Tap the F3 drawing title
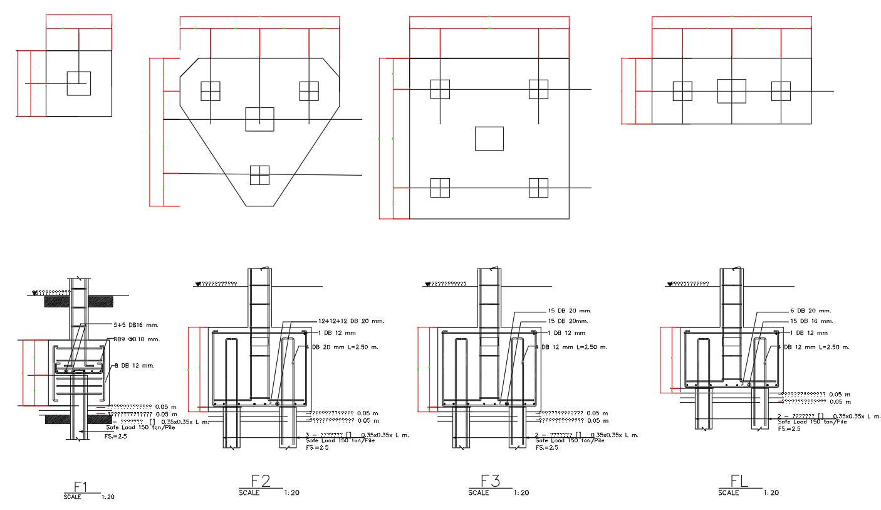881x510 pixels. [490, 481]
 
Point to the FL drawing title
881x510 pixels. [740, 481]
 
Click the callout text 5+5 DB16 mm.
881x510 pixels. [134, 325]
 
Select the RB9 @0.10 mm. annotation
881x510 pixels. [137, 339]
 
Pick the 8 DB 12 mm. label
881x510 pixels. [133, 365]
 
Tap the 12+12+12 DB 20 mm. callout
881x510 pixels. [351, 321]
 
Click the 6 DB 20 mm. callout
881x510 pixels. [810, 311]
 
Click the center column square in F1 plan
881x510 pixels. [79, 83]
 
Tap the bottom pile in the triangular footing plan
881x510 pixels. [259, 175]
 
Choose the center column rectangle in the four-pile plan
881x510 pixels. [489, 139]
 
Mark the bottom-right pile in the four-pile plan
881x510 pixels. [538, 188]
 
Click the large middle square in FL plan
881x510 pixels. [731, 91]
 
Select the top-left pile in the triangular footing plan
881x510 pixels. [211, 91]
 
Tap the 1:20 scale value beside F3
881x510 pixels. [521, 493]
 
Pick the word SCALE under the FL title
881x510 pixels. [729, 493]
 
